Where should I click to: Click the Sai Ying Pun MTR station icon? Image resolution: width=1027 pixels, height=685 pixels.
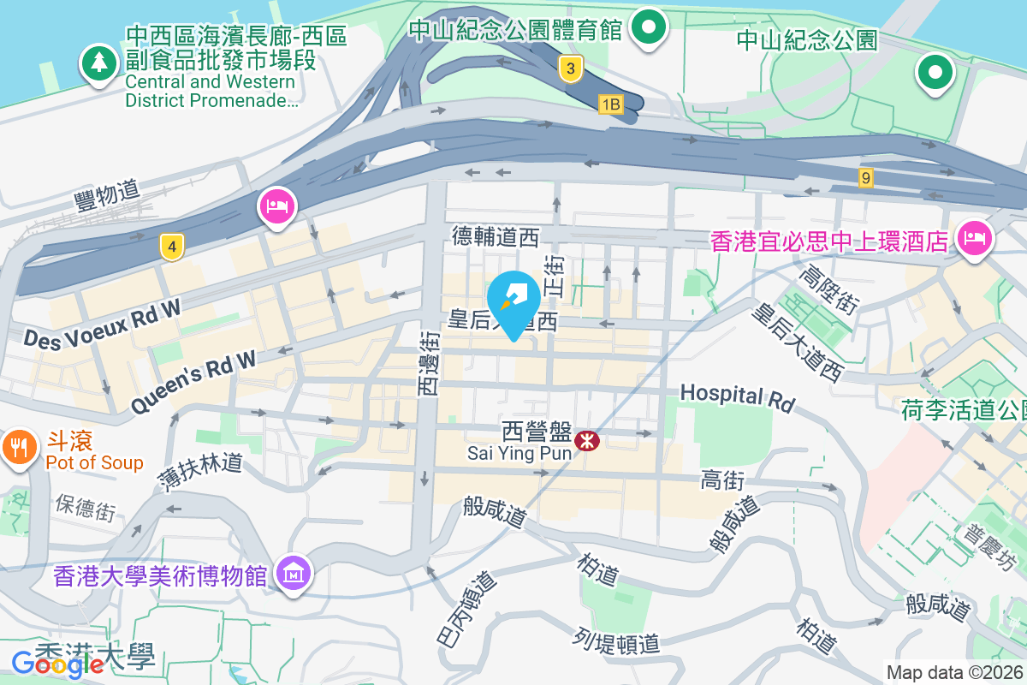[587, 441]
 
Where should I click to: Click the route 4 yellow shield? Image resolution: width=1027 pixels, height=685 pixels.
[172, 247]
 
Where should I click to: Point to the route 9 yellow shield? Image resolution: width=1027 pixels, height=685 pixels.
[867, 177]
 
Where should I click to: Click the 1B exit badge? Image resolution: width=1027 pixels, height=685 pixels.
[609, 104]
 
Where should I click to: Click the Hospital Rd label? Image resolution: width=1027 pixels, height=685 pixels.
[737, 396]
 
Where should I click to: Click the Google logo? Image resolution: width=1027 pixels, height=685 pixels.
[57, 663]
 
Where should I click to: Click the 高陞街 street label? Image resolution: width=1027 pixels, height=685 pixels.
[828, 289]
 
